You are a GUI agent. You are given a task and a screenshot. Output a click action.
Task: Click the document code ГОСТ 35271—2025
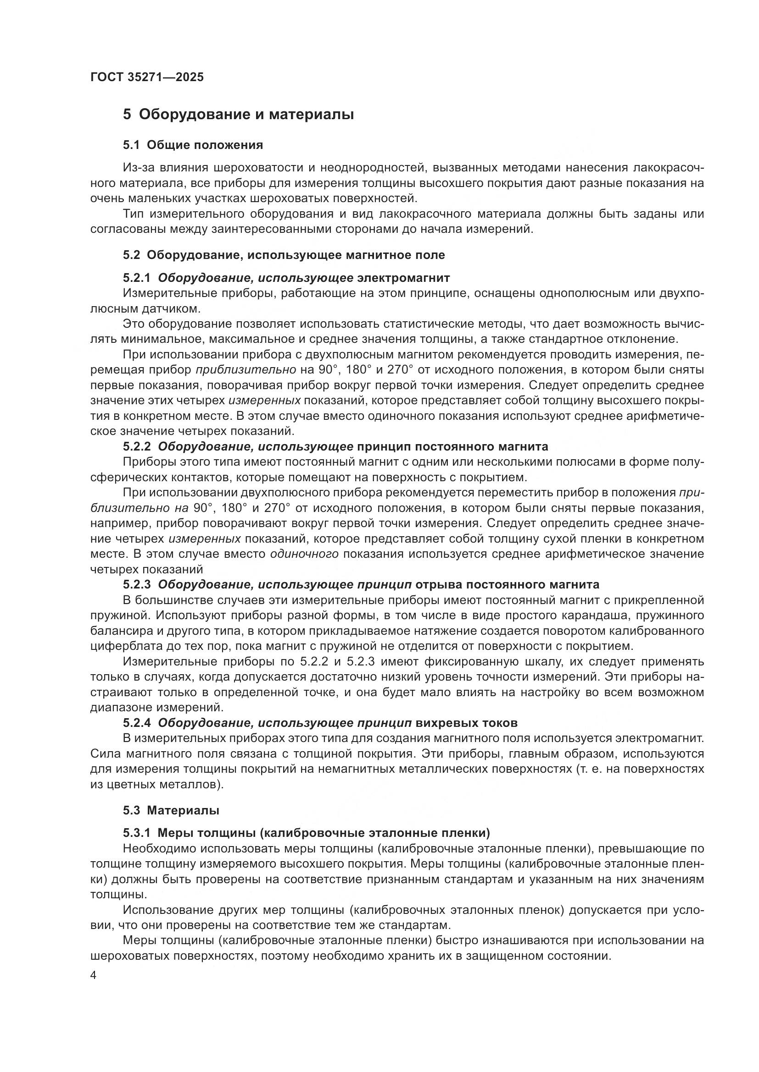pyautogui.click(x=147, y=77)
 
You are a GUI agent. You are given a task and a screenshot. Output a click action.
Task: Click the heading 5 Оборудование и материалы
pyautogui.click(x=238, y=115)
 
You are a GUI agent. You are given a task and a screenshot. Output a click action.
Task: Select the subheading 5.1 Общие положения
pyautogui.click(x=193, y=145)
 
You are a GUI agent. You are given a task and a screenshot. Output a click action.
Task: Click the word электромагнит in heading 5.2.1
pyautogui.click(x=403, y=278)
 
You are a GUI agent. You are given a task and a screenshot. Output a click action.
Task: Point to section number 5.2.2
pyautogui.click(x=137, y=446)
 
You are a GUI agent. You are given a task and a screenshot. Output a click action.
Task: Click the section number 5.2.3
pyautogui.click(x=137, y=584)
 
